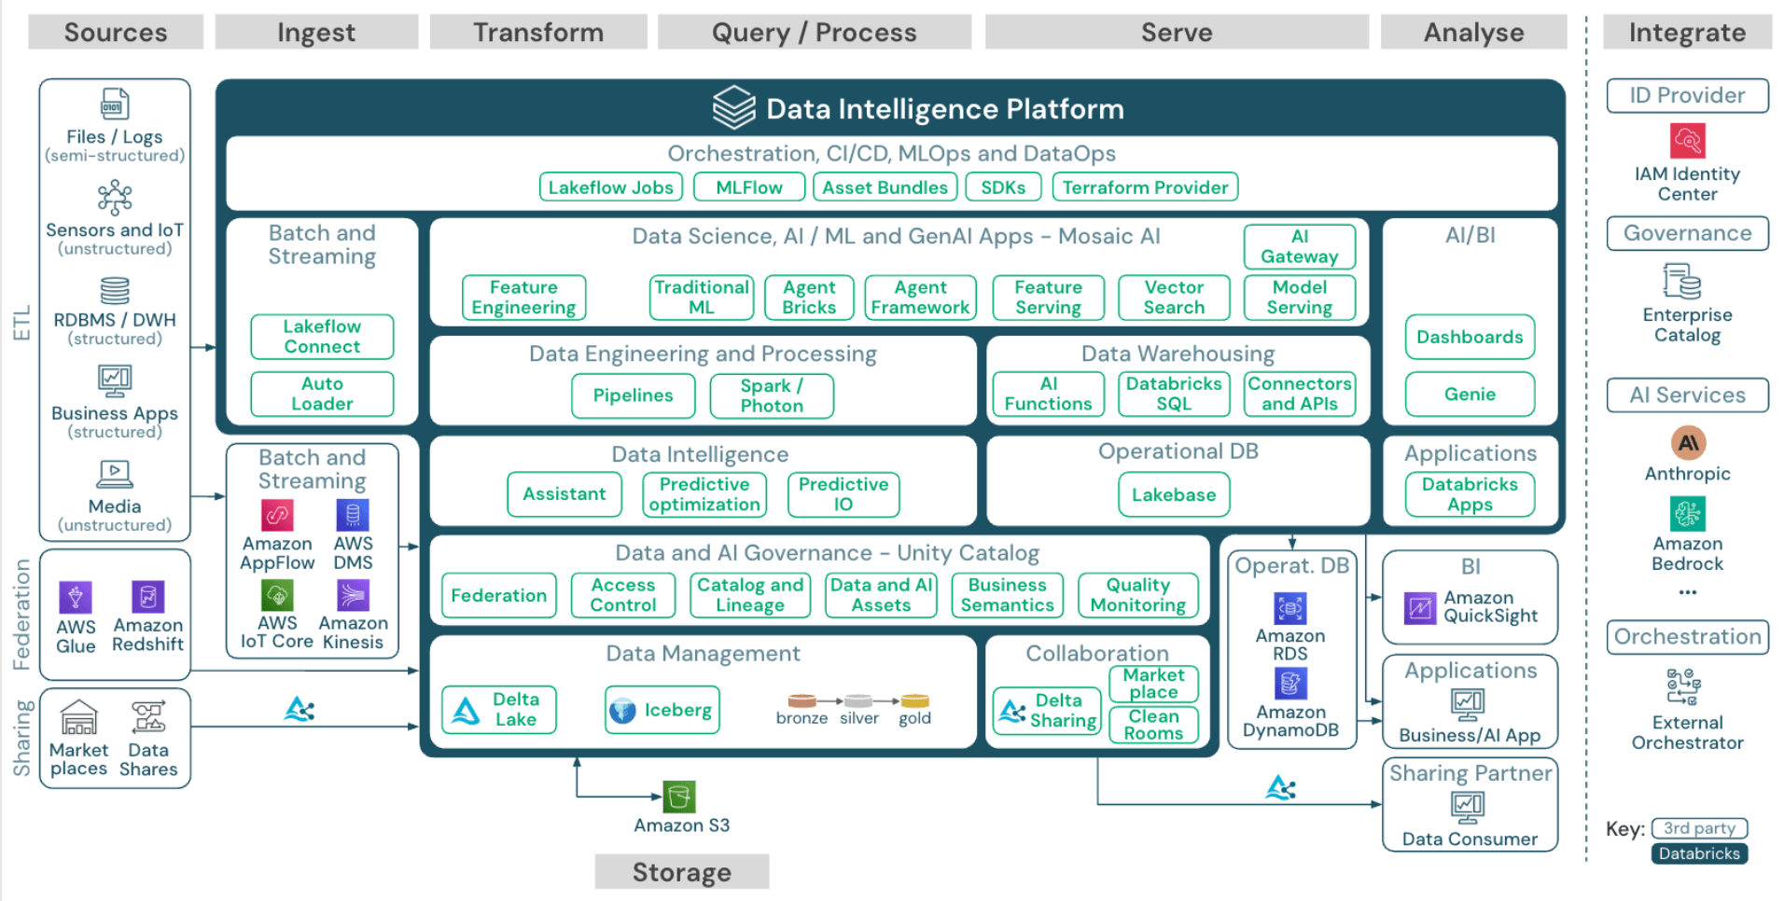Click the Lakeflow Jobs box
pos(610,187)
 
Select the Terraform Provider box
pos(1145,187)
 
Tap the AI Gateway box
pos(1299,246)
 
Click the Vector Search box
pos(1174,298)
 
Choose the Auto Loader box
pos(322,394)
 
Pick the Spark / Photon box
pos(771,395)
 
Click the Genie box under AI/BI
pos(1470,395)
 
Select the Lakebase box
pos(1174,494)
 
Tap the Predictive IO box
pos(843,494)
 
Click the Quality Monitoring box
pos(1137,595)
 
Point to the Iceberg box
pos(662,711)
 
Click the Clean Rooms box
pos(1153,725)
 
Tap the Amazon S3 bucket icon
pos(679,797)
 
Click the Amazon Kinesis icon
pos(353,595)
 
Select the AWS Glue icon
pos(76,597)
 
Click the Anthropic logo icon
pos(1687,443)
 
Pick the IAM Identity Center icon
pos(1687,141)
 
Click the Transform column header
pos(537,33)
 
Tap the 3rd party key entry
pos(1698,828)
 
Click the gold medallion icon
pos(914,701)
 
